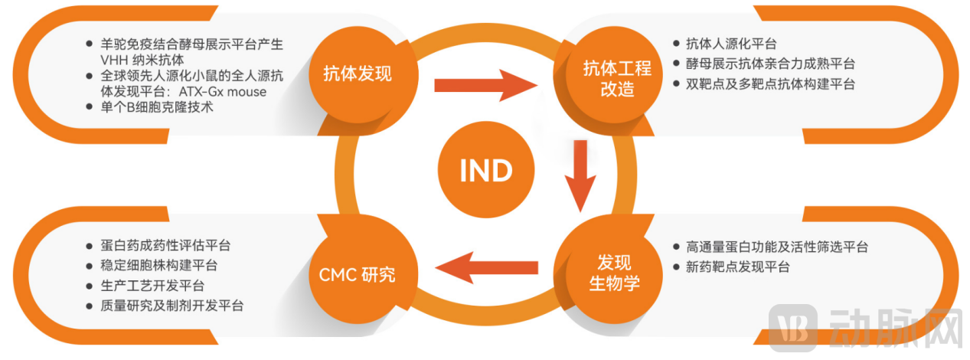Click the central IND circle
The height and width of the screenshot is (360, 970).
pyautogui.click(x=485, y=171)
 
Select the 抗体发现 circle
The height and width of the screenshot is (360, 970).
pyautogui.click(x=358, y=74)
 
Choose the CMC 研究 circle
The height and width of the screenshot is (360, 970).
pyautogui.click(x=357, y=273)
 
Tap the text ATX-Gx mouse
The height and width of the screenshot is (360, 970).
pyautogui.click(x=222, y=91)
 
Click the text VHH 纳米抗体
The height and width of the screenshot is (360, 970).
pyautogui.click(x=142, y=59)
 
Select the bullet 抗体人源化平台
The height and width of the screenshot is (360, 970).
pyautogui.click(x=731, y=44)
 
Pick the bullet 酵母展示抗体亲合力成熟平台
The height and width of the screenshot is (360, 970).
pyautogui.click(x=769, y=64)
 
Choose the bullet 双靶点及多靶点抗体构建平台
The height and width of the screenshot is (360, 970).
pyautogui.click(x=769, y=84)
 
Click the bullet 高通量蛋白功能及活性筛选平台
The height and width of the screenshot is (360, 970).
pyautogui.click(x=776, y=247)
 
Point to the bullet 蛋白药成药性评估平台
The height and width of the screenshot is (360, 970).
pyautogui.click(x=165, y=246)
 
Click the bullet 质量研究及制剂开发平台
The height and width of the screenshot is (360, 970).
pyautogui.click(x=171, y=306)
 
